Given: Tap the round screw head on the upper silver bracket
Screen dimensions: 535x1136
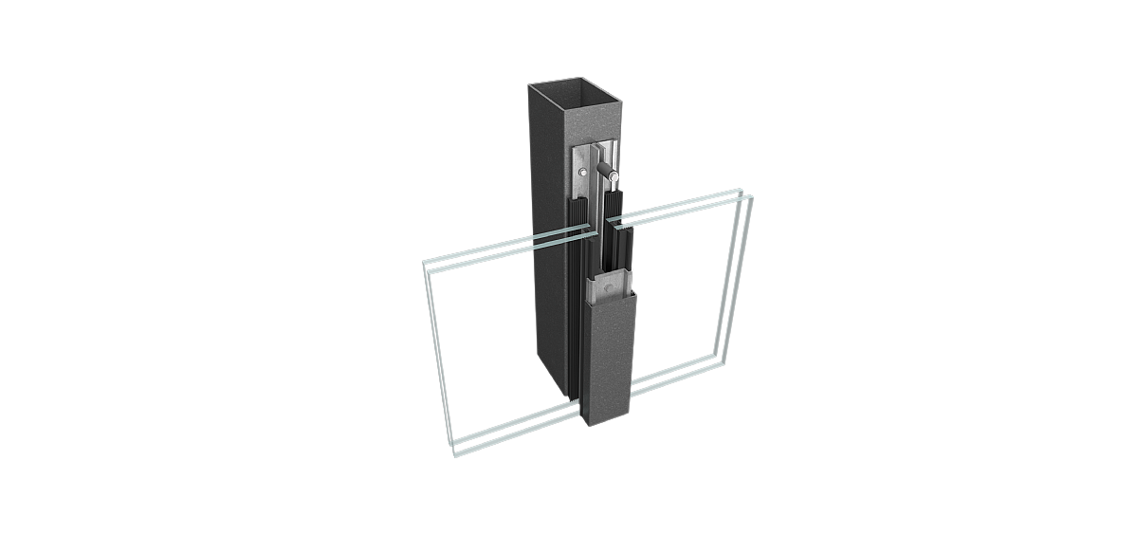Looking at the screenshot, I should point(579,172).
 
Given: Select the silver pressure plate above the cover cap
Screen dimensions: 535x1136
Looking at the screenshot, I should point(607,284).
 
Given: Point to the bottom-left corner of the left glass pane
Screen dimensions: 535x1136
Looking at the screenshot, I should point(456,454).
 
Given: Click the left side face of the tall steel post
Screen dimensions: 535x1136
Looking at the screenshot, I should point(547,237).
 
